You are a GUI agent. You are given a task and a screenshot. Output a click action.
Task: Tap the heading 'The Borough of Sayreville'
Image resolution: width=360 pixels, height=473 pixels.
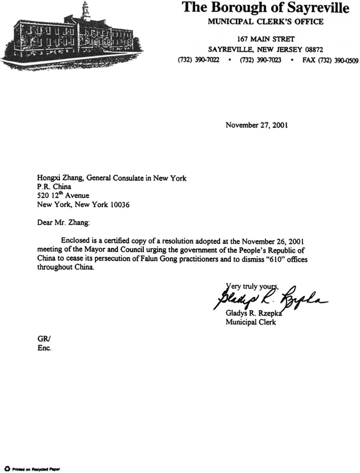(266, 8)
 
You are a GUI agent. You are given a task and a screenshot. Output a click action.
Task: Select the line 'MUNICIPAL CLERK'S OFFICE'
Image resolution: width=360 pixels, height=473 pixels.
(266, 22)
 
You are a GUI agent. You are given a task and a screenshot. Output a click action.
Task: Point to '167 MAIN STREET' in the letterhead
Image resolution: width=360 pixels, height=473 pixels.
(266, 38)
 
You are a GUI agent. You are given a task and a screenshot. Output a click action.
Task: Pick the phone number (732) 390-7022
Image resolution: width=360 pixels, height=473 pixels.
(199, 61)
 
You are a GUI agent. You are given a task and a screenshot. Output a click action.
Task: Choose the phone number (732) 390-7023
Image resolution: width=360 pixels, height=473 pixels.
(260, 61)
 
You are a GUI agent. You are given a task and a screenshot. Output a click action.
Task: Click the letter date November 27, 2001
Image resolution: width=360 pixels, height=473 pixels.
(256, 125)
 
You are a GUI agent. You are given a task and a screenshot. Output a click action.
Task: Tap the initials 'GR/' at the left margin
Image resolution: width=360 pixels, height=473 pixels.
(44, 338)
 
